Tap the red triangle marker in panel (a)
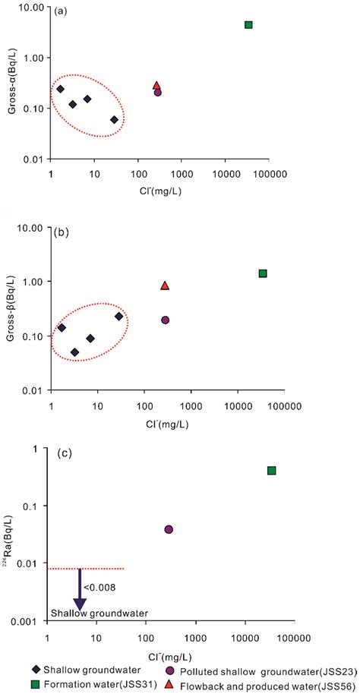point(156,87)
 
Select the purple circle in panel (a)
point(157,93)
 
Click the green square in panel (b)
point(263,273)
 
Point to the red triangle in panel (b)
point(165,286)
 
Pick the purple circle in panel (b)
point(165,320)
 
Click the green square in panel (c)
point(271,471)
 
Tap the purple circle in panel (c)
point(169,529)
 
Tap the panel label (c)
point(65,454)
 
